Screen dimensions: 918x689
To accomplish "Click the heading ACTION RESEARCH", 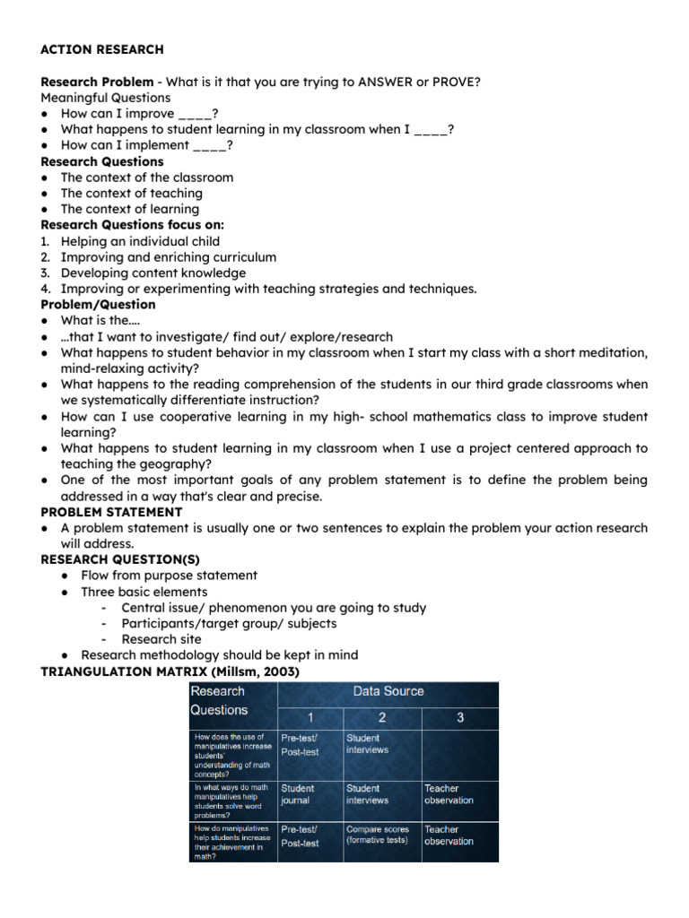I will (102, 49).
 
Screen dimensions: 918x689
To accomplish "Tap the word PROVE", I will (455, 82).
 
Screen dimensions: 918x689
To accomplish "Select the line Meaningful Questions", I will (105, 98).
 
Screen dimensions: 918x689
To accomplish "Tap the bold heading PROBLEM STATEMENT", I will (111, 512).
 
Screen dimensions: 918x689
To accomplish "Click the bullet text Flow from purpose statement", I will (169, 576).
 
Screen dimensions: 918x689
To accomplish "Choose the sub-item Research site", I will (161, 639).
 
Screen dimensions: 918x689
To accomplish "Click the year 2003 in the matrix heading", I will (280, 671).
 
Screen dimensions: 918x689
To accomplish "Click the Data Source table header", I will (388, 691).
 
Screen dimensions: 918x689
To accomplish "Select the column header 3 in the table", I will (460, 717).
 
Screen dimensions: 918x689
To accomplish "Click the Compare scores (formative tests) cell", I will (377, 835).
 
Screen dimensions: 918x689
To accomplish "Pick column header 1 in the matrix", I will (310, 717).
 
